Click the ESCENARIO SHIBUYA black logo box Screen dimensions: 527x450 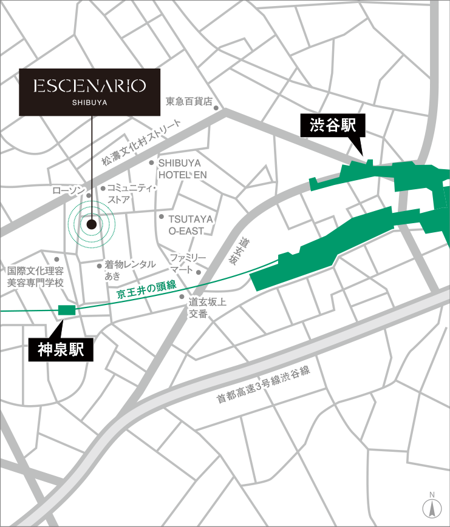90,91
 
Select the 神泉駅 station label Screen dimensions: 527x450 61,350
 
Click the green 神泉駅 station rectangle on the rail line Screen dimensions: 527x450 66,310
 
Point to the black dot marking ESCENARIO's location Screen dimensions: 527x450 92,224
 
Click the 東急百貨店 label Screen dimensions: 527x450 189,101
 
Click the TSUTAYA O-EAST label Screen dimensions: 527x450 190,224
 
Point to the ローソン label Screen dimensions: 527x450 68,190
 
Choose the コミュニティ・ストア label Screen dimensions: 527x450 132,193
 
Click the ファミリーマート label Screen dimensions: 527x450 188,263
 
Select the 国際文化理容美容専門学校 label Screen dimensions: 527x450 35,277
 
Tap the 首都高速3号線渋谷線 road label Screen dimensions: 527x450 264,385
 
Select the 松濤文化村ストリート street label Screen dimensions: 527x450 141,143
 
